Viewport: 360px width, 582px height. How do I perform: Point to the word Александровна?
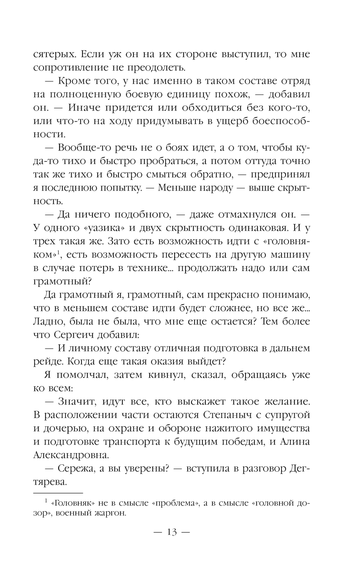point(71,455)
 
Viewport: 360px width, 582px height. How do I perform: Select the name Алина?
point(293,442)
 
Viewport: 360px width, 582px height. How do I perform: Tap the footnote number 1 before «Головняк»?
point(46,501)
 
